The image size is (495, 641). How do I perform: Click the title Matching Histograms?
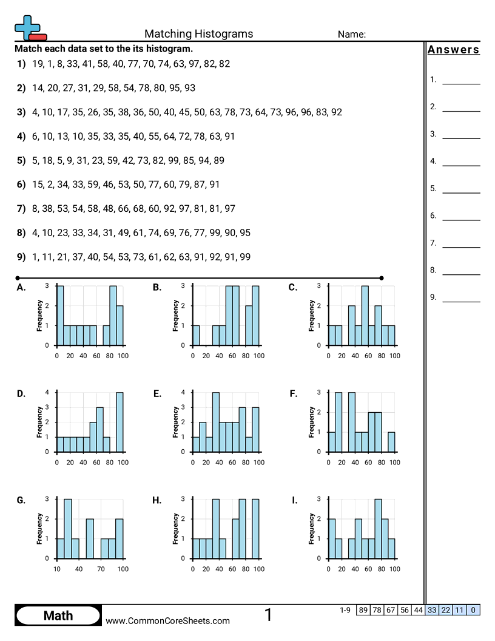coord(198,34)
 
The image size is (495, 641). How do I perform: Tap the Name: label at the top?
coord(351,35)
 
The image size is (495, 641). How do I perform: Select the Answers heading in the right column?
coord(453,50)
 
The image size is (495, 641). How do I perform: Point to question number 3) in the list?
coord(21,112)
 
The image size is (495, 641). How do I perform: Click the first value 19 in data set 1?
coord(38,63)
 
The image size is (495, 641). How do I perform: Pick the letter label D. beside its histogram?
coord(21,394)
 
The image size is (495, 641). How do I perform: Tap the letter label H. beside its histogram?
coord(157,500)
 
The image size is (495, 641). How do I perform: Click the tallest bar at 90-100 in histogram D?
coord(120,422)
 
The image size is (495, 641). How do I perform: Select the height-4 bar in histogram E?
coord(216,422)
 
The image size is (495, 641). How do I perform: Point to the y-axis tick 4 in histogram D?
coord(47,392)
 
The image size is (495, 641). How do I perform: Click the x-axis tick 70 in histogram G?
coord(101,569)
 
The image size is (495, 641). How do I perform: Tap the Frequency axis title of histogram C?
coord(311,316)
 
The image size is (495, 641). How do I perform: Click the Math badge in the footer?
coord(58,616)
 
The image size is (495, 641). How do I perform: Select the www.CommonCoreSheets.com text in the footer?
coord(168,620)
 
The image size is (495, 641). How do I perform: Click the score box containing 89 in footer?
coord(363,610)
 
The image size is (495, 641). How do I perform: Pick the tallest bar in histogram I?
coord(378,528)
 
